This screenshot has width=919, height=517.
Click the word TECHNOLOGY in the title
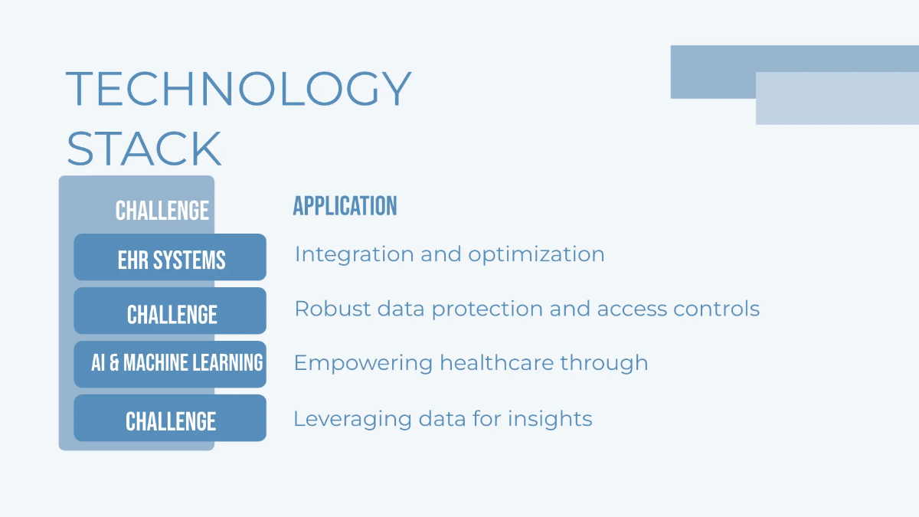coord(238,88)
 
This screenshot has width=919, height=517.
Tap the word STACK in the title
coord(144,148)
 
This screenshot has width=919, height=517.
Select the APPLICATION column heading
coord(345,205)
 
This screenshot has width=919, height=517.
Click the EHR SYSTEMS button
coord(170,257)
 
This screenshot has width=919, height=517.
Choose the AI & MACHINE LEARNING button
coord(170,364)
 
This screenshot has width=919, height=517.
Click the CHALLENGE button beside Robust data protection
coord(170,311)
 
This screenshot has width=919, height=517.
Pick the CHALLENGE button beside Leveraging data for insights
coord(170,417)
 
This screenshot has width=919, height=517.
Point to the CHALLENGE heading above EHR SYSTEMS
coord(162,211)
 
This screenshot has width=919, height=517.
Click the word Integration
coord(355,255)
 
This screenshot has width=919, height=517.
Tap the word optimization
coord(536,255)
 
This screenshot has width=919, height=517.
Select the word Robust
coord(332,309)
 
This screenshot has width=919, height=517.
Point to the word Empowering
coord(364,364)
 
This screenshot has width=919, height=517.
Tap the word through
coord(604,364)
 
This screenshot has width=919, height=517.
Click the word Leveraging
coord(353,420)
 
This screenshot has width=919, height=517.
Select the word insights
coord(550,420)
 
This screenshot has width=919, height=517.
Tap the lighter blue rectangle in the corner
coord(837,99)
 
